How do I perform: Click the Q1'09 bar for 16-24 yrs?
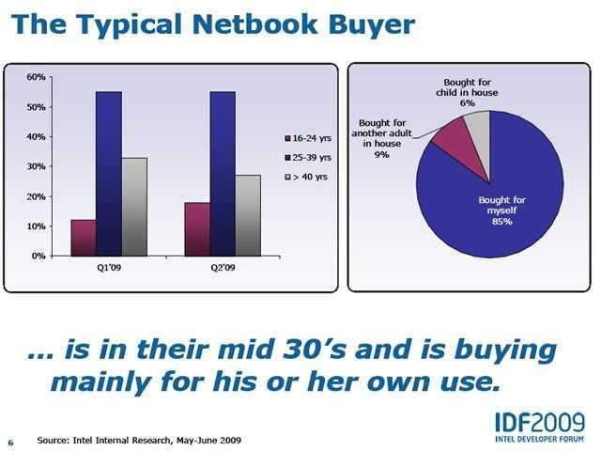point(84,238)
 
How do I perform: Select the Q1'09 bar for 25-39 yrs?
point(109,174)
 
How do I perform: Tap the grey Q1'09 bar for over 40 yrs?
point(134,207)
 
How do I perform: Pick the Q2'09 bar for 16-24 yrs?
point(197,229)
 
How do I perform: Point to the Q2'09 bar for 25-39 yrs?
point(223,174)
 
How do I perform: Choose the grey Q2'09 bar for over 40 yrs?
point(248,215)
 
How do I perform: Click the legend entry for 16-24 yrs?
point(308,138)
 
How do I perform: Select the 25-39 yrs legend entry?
point(308,157)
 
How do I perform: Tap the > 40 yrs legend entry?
point(306,177)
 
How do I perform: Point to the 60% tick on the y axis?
point(36,77)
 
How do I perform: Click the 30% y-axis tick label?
point(36,166)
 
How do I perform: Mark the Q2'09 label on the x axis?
point(223,267)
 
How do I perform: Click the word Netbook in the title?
point(254,24)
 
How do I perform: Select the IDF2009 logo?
point(540,428)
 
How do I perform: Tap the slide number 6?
point(10,443)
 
